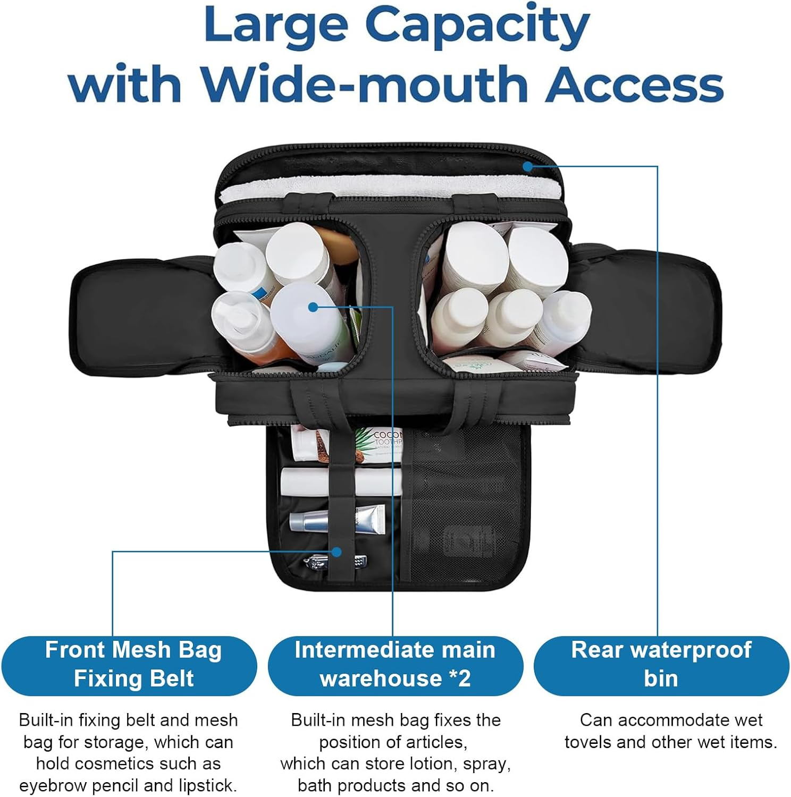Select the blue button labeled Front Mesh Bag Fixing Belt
tap(129, 665)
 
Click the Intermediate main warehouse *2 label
tap(395, 665)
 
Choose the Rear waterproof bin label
tap(661, 665)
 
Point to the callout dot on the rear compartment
tap(527, 166)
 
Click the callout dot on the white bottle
tap(313, 307)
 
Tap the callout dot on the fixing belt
tap(336, 552)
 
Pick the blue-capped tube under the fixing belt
tap(337, 519)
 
